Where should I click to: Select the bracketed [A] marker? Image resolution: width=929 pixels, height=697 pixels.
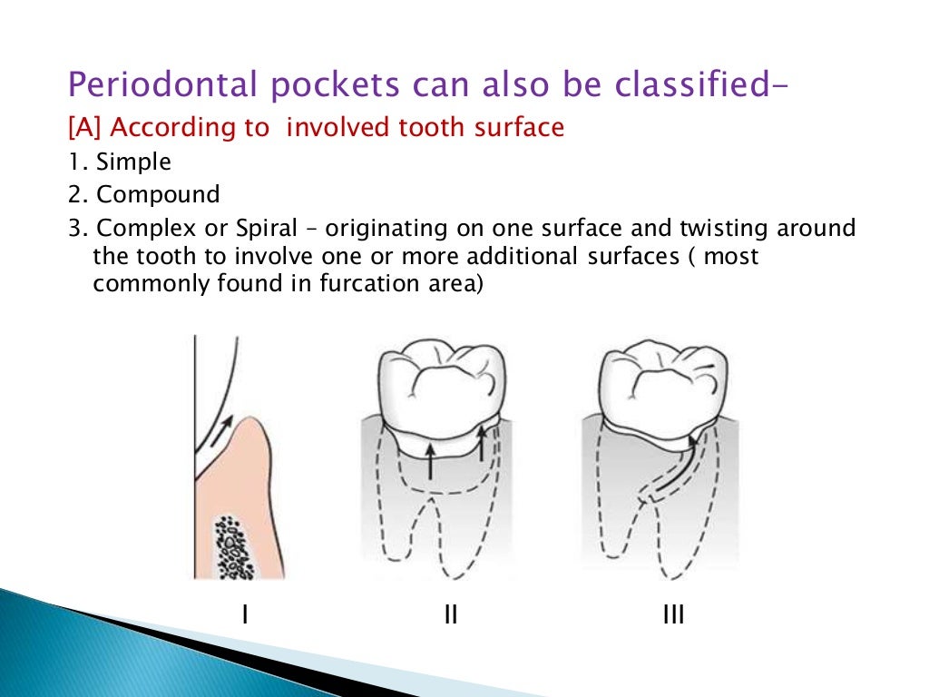86,128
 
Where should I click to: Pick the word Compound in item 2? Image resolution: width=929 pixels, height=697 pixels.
158,194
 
